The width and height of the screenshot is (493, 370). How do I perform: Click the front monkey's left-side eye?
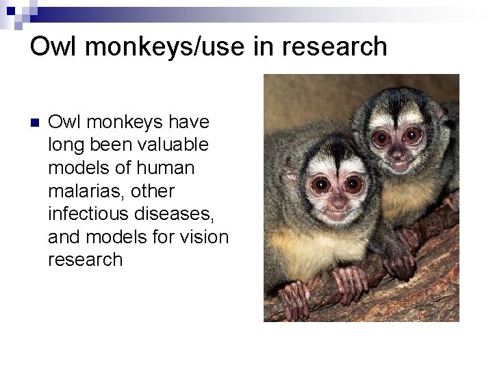pos(319,184)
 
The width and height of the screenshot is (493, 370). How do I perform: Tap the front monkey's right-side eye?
pos(353,183)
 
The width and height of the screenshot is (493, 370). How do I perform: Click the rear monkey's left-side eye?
pos(381,136)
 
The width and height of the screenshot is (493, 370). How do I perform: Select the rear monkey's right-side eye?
pos(414,135)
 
